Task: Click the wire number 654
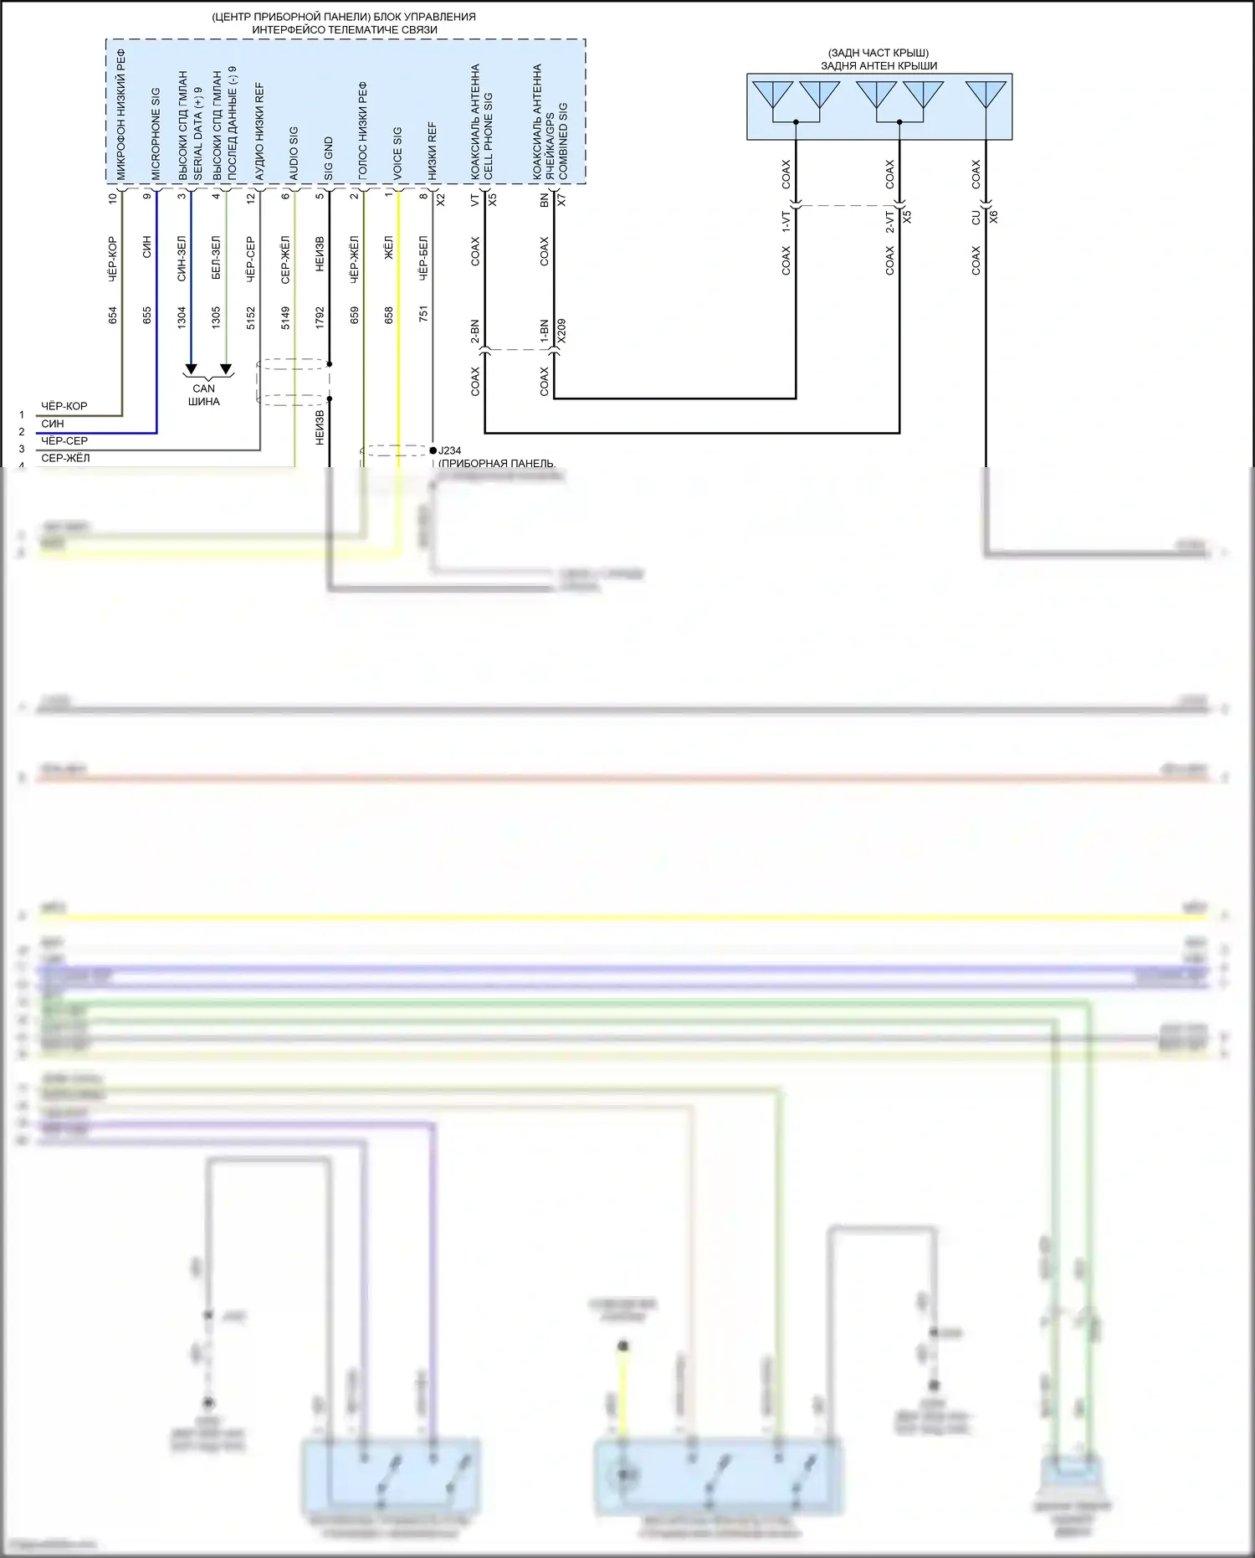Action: point(113,316)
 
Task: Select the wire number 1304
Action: point(182,317)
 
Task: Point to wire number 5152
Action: point(251,318)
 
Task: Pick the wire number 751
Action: point(423,314)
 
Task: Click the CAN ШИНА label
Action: point(204,394)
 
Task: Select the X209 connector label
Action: point(561,330)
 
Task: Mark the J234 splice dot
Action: point(433,450)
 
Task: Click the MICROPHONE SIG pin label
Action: point(156,133)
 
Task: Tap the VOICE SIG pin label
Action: point(397,153)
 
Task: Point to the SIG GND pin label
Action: point(328,158)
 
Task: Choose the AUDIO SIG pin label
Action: point(294,153)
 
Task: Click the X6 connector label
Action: point(994,216)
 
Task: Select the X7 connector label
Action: point(561,200)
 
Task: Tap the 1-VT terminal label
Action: point(786,221)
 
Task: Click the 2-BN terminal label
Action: point(474,332)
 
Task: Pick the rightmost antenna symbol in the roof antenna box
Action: point(986,94)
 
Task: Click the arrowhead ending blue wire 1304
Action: point(191,369)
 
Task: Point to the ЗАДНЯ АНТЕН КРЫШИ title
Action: point(878,66)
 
